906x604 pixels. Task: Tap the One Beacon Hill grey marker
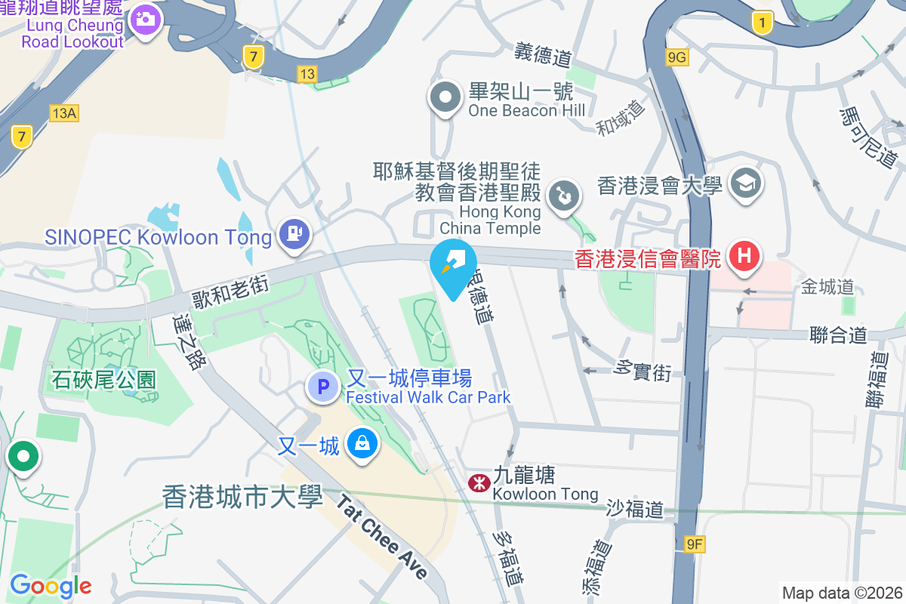(x=445, y=97)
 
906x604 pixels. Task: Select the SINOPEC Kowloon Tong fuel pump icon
(x=294, y=235)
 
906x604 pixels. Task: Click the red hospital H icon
(x=744, y=256)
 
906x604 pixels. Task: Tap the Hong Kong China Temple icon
(x=563, y=197)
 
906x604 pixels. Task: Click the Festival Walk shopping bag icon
(x=363, y=444)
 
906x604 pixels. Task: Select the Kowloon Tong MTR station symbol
(x=478, y=482)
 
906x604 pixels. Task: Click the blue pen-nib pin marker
(x=453, y=265)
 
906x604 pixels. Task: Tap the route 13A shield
(x=64, y=113)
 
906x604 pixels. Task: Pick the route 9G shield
(x=677, y=57)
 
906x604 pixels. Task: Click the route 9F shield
(x=695, y=544)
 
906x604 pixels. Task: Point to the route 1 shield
(x=763, y=23)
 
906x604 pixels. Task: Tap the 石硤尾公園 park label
(x=103, y=379)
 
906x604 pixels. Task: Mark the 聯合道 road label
(x=837, y=334)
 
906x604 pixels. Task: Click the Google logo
(x=51, y=585)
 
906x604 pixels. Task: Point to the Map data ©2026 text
(x=842, y=593)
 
